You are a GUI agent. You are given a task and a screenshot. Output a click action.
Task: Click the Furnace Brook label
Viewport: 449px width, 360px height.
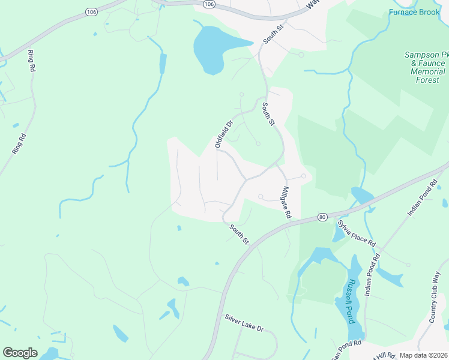click(x=414, y=12)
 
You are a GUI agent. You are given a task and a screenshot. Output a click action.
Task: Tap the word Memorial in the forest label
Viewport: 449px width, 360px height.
click(x=427, y=71)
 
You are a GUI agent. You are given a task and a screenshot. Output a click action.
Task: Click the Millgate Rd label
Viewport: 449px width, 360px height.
click(x=286, y=201)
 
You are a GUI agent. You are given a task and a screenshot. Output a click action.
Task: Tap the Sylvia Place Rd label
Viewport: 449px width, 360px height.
click(x=356, y=234)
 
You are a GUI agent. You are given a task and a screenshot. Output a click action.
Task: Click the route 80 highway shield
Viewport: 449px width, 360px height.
click(x=322, y=217)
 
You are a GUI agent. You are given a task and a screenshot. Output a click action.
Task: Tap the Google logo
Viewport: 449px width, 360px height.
click(x=20, y=353)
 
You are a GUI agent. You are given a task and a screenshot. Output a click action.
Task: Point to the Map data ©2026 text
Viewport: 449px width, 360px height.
click(x=424, y=355)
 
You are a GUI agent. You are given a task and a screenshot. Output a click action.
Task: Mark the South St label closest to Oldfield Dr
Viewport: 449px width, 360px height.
click(x=268, y=114)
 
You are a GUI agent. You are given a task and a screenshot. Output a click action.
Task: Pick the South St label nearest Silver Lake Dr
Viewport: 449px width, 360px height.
click(x=238, y=233)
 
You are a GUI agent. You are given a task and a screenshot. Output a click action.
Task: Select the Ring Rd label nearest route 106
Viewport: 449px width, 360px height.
click(x=31, y=61)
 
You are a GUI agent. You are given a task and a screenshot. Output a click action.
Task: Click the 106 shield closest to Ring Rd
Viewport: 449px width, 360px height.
click(x=91, y=12)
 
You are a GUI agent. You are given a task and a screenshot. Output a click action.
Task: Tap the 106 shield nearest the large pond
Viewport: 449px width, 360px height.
click(x=208, y=4)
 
